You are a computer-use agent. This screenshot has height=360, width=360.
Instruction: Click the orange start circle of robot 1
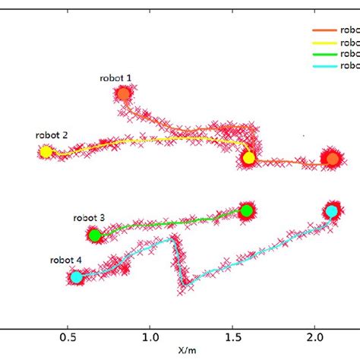tap(123, 94)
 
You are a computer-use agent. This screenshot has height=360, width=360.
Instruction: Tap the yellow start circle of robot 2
tap(46, 152)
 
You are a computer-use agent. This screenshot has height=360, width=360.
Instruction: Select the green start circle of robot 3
tap(95, 235)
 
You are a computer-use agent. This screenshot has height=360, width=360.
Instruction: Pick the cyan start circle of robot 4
tap(76, 277)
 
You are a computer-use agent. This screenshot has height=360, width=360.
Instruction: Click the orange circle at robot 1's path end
tap(331, 159)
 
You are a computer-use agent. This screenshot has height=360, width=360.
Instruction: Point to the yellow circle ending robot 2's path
tap(248, 158)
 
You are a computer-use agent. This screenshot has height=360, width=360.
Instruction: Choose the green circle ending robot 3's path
tap(246, 210)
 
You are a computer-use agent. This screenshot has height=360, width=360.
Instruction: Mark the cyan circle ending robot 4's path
tap(332, 210)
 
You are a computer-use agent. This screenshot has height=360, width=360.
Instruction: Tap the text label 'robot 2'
tap(52, 135)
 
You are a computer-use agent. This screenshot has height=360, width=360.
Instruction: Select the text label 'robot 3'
tap(90, 217)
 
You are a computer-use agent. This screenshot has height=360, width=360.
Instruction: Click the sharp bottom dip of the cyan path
tap(183, 285)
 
